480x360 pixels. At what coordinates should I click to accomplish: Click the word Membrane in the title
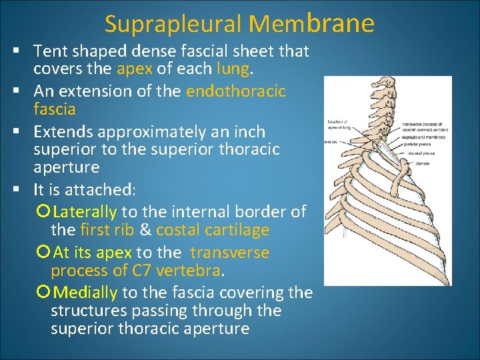311,23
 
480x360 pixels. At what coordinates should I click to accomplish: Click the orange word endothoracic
236,91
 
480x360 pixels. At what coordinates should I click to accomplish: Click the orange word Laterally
85,212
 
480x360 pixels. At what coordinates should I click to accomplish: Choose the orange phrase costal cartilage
213,230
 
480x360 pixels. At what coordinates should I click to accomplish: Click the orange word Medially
85,293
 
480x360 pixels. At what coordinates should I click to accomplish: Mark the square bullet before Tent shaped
14,50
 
